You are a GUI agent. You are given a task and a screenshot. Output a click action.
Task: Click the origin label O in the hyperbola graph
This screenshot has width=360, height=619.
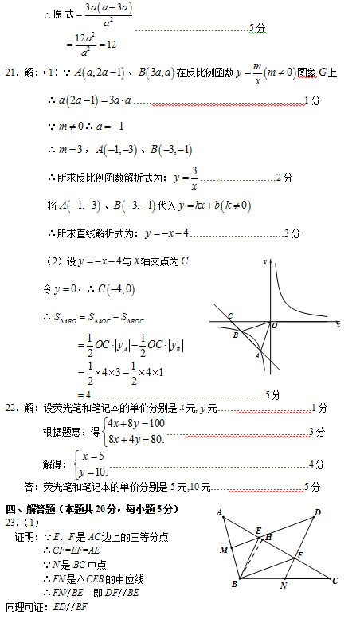(274, 325)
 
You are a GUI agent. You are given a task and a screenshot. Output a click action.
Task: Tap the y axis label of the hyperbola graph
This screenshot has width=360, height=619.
(264, 261)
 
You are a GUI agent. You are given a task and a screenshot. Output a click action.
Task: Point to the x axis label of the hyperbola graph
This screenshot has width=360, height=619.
(338, 325)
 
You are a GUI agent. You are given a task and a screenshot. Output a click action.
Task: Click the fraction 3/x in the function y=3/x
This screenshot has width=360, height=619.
(194, 178)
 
